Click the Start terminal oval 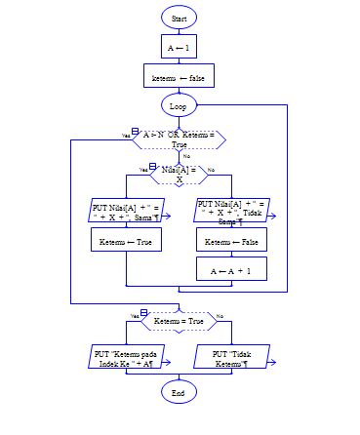tap(179, 19)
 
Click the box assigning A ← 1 tap(179, 46)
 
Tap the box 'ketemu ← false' tap(179, 75)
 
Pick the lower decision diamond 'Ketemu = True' tap(179, 318)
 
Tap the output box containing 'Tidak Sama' tap(231, 212)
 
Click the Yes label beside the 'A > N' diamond tap(126, 135)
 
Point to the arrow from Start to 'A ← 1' tap(179, 31)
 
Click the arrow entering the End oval tap(179, 376)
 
